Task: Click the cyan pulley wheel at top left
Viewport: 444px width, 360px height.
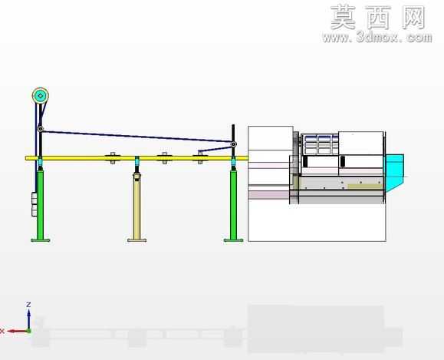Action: pos(40,96)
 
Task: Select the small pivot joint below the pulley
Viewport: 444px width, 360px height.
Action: pos(41,129)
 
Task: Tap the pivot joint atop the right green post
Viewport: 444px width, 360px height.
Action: pos(233,144)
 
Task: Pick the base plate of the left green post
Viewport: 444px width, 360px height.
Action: pos(40,240)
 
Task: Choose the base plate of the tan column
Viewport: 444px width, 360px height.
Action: pos(137,240)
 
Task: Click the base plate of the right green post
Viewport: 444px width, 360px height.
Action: pos(233,240)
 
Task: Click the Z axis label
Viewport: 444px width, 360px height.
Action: pos(28,305)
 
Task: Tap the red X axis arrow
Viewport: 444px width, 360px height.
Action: pos(18,331)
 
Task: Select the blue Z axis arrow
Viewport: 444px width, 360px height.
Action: pos(28,319)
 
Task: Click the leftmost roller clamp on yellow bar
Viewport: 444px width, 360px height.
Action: pos(113,158)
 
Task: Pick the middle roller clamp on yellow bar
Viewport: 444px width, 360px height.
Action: pos(164,158)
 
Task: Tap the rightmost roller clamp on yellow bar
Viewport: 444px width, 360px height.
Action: pos(200,158)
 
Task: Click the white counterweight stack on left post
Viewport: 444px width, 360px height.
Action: pos(35,204)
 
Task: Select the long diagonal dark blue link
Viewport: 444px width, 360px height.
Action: pos(136,137)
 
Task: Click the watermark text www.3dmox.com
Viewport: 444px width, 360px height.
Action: pos(377,37)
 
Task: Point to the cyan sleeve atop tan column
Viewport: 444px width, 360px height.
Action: pos(137,162)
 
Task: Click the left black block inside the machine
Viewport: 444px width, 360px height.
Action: pos(305,161)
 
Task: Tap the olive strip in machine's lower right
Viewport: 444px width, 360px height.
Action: pos(364,187)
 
